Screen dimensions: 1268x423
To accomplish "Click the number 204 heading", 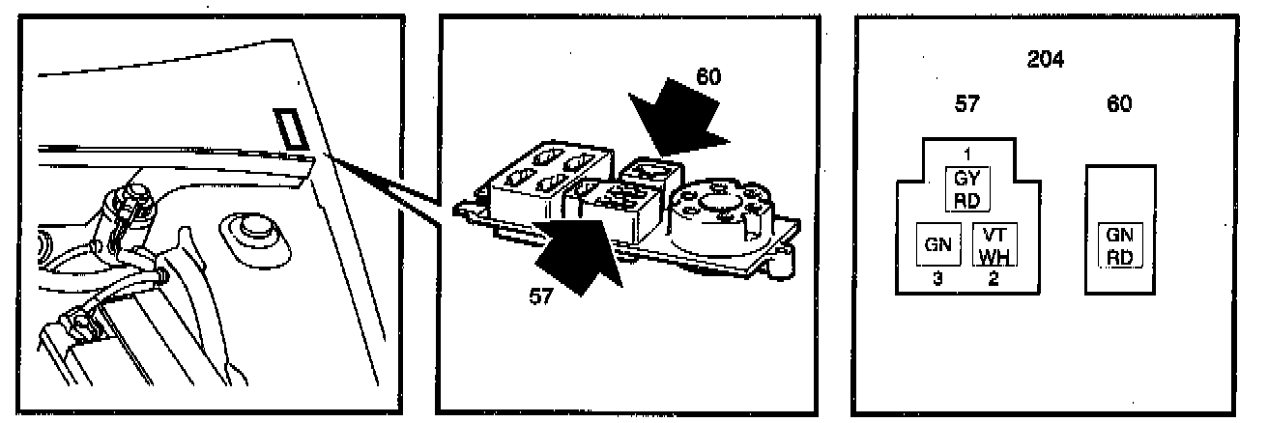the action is [1045, 60].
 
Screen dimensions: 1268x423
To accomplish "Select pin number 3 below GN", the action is [936, 280].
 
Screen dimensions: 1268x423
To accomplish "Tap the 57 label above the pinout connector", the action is [966, 105].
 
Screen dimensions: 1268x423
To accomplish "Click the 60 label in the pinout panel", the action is [1118, 105].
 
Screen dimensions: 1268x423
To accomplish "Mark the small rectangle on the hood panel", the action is [289, 128].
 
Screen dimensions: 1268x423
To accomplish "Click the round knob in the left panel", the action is [250, 231].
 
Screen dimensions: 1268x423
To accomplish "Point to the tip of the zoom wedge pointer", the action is [328, 155].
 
